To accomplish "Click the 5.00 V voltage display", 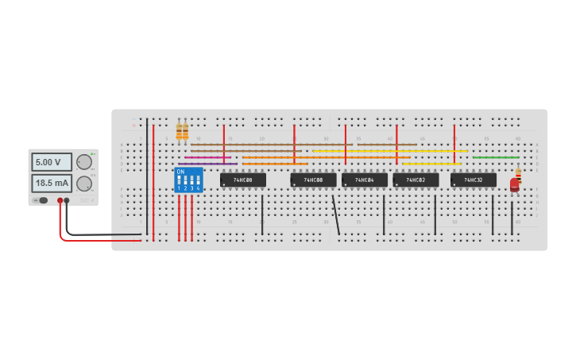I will (x=51, y=162).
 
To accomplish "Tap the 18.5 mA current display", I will (x=51, y=183).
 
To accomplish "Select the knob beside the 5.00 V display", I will (x=84, y=162).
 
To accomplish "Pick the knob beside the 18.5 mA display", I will (x=84, y=184).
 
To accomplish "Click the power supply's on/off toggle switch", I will (x=43, y=200).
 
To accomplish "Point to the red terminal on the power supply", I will (x=60, y=201).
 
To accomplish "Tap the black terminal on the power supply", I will (x=67, y=201).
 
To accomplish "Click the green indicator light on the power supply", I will (x=92, y=153).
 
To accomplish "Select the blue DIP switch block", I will (x=188, y=180).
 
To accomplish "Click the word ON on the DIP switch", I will (x=180, y=172).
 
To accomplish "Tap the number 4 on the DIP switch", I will (x=198, y=188).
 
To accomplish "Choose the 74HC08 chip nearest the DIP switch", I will (x=243, y=180).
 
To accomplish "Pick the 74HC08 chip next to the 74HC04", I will (x=313, y=180).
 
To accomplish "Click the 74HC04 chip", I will (x=365, y=180).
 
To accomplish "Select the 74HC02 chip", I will (x=416, y=180).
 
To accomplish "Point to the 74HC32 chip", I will (x=474, y=180).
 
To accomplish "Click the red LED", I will (x=515, y=185).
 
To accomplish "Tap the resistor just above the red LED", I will (x=518, y=172).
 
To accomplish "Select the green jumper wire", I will (x=496, y=157).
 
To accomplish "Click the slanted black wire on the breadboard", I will (x=336, y=215).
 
